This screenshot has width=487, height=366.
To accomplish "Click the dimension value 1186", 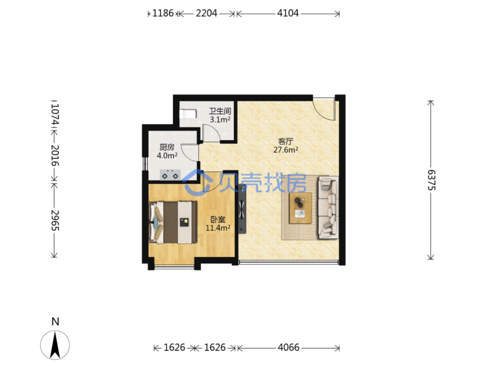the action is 163,13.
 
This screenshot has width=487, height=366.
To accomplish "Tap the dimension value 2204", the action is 206,13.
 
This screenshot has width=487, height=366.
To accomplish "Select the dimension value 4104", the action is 287,13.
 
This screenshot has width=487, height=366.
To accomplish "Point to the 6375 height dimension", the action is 431,180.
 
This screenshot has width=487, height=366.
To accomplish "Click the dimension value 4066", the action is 289,347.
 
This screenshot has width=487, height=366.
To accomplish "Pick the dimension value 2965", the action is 55,220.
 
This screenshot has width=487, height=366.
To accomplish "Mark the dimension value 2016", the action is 55,155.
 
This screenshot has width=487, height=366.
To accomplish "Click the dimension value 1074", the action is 55,114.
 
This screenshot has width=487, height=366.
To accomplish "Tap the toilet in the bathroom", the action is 188,114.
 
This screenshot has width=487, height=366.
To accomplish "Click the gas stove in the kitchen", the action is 170,175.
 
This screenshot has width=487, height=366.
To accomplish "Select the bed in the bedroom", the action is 173,222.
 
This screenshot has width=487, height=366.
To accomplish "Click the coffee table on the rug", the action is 300,208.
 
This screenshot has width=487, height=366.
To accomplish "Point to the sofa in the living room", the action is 328,207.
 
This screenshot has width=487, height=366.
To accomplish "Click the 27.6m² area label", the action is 285,150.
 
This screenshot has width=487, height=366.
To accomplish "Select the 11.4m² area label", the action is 218,228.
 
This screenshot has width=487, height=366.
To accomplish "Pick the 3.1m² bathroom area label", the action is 220,120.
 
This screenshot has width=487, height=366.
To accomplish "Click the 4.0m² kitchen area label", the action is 167,155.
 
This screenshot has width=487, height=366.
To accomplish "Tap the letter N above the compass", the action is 55,322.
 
